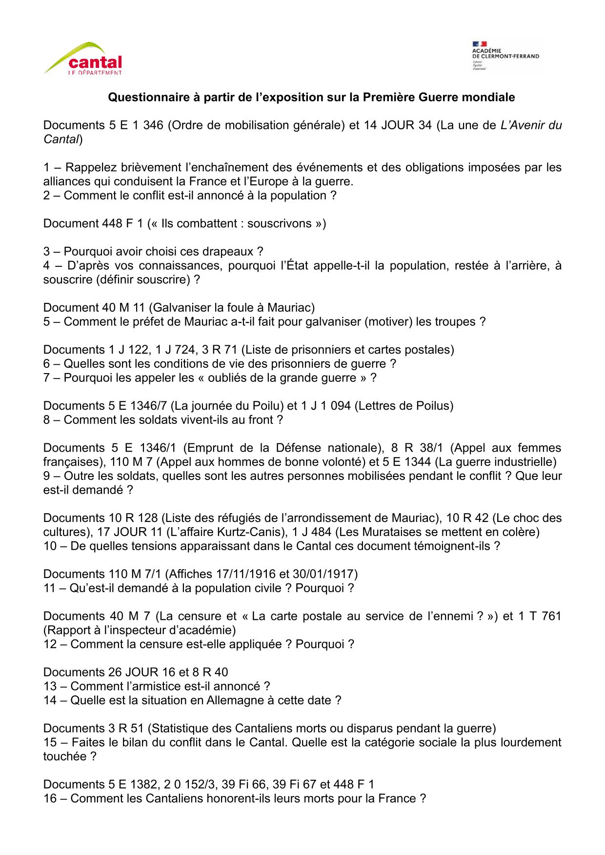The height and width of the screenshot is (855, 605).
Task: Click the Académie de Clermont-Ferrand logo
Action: [505, 56]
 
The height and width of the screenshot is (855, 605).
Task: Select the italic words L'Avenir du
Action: [531, 125]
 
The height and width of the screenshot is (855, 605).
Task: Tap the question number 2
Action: [47, 196]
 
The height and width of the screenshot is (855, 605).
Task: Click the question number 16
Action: [50, 798]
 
